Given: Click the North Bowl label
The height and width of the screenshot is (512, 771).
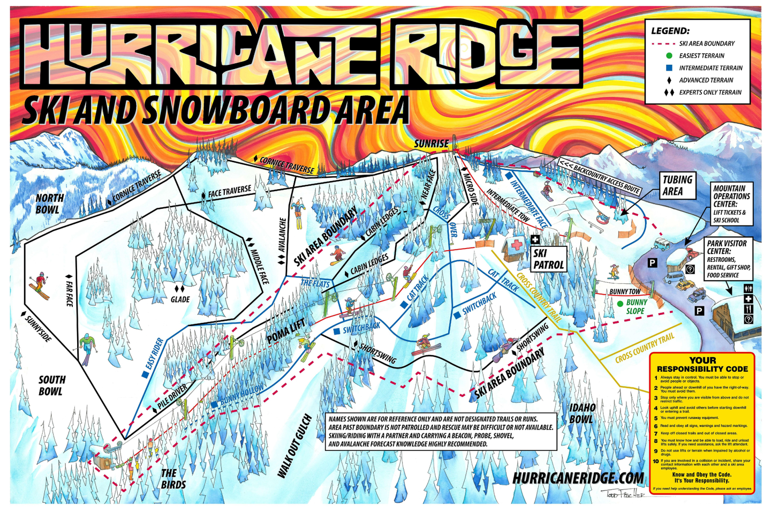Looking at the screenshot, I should coord(49,204).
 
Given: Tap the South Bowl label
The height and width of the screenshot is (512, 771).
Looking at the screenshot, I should coord(51,386).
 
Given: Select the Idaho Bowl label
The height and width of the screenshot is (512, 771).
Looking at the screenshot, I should coord(581,413).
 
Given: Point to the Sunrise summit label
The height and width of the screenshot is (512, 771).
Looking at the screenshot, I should coord(431,144).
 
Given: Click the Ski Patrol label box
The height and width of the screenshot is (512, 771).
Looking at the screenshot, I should coord(548,259).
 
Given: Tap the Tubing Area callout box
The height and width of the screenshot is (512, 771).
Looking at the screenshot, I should coord(677,185).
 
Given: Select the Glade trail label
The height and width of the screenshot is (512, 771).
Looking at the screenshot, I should coord(180,299).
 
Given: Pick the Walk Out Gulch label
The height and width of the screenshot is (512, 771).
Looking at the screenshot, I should coord(294,446).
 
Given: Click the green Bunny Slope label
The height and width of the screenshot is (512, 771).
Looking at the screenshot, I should coord(636,306).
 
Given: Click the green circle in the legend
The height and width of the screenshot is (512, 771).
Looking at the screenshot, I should coord(669,56).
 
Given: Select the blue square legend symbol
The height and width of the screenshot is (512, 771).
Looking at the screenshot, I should coord(669,68).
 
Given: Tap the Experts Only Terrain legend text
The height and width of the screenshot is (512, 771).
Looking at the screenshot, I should coord(710,92).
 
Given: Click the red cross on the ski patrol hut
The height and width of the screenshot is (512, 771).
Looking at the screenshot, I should coord(516,245).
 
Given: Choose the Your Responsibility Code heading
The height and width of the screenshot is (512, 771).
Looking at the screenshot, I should coord(702,365).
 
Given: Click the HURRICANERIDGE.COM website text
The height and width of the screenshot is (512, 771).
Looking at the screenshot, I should coord(578,478).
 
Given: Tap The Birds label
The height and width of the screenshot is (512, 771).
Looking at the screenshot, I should coord(173,479).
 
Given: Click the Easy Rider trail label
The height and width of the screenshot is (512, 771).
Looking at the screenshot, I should coord(154,353).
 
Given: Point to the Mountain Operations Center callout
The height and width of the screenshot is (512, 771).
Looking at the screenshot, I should coord(731,204).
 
